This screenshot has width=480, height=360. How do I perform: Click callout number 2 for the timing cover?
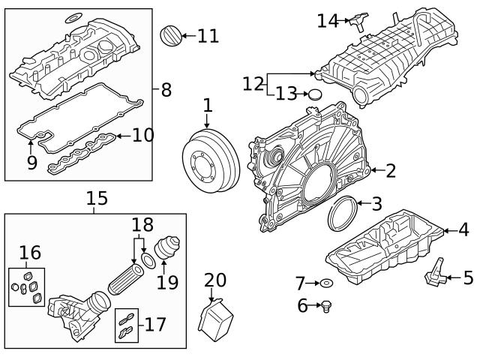pos(390,171)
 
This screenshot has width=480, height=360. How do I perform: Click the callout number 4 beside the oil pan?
pos(463,230)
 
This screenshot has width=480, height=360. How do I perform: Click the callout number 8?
pos(166,91)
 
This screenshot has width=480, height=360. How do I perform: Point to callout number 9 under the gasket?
pos(31,162)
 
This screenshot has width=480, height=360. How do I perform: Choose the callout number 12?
pos(253,83)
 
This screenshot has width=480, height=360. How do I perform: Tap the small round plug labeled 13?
pos(314,94)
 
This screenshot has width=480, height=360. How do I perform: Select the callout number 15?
pos(97,198)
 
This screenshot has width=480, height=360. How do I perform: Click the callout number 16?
pos(30,253)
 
